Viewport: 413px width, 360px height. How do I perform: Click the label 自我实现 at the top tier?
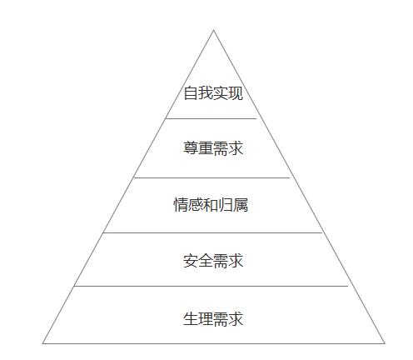213,92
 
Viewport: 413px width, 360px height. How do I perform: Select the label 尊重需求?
213,148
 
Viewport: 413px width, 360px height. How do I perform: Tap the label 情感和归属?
211,205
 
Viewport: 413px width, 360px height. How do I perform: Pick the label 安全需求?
213,261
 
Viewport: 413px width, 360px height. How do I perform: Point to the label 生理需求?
213,318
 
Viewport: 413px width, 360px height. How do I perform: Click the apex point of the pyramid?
213,30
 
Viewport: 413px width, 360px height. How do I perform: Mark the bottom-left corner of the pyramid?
42,343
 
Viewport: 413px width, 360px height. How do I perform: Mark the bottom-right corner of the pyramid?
385,343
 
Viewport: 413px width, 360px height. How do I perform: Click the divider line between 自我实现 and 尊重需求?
211,118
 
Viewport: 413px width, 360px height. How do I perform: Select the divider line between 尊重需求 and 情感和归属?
211,177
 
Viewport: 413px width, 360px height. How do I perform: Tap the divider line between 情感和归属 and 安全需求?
212,232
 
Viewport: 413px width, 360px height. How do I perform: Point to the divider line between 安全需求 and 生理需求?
211,286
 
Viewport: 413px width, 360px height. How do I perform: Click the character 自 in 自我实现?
191,92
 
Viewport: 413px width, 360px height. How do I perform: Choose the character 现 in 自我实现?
236,92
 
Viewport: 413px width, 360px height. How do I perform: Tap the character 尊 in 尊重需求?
191,148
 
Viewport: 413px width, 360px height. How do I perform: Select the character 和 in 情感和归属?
211,205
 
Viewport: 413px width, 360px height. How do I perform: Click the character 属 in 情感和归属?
241,205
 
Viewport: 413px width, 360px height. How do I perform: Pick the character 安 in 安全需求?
191,261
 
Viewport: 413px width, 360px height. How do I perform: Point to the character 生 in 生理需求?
191,318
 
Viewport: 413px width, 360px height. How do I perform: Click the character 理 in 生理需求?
206,318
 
